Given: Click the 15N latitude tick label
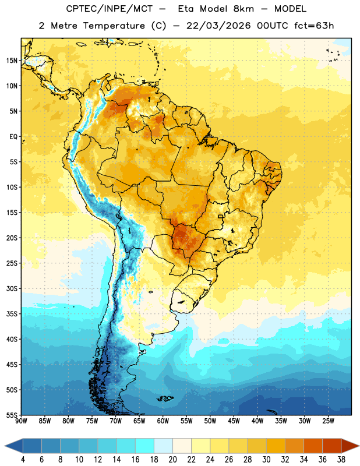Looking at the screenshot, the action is (11, 61).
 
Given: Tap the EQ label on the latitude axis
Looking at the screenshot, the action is (13, 137).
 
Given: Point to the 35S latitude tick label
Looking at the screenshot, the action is (12, 314).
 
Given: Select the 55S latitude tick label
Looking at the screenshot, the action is (12, 415).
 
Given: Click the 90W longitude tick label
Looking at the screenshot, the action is (21, 421).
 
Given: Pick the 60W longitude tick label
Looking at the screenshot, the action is (163, 421).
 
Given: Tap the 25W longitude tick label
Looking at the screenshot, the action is (328, 421).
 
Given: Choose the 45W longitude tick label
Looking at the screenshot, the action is (234, 421).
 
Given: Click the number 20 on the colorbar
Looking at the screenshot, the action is (172, 460).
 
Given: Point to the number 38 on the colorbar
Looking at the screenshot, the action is (341, 460).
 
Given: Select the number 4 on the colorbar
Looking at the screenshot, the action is (23, 460).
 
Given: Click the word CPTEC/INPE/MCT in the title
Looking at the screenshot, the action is (109, 9).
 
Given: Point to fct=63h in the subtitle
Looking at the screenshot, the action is (314, 26).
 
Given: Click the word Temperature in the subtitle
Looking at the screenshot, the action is (114, 26).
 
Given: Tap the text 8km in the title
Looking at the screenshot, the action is (243, 9).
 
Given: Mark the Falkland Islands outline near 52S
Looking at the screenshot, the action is (165, 398).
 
